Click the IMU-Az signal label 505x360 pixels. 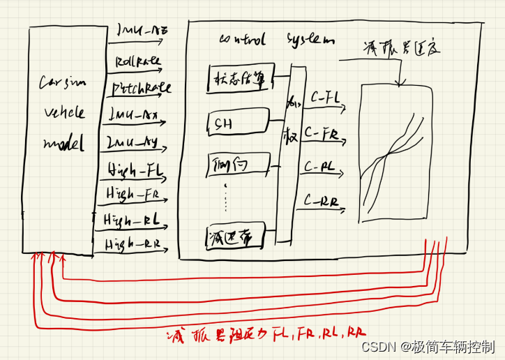click(x=143, y=31)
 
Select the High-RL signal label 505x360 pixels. click(x=132, y=220)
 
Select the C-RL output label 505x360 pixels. click(x=321, y=167)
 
